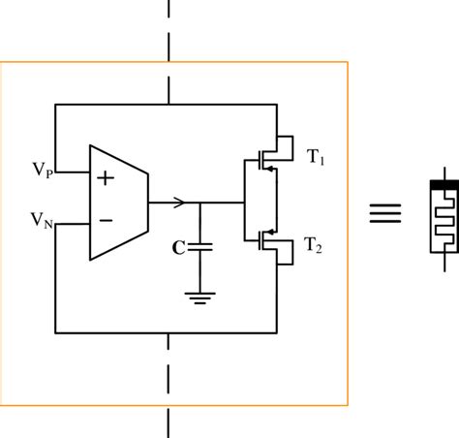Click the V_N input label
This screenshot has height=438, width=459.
[x=40, y=222]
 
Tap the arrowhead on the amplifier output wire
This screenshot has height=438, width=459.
[x=178, y=203]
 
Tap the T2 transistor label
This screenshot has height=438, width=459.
[x=316, y=247]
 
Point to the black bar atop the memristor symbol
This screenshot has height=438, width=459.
[x=442, y=182]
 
